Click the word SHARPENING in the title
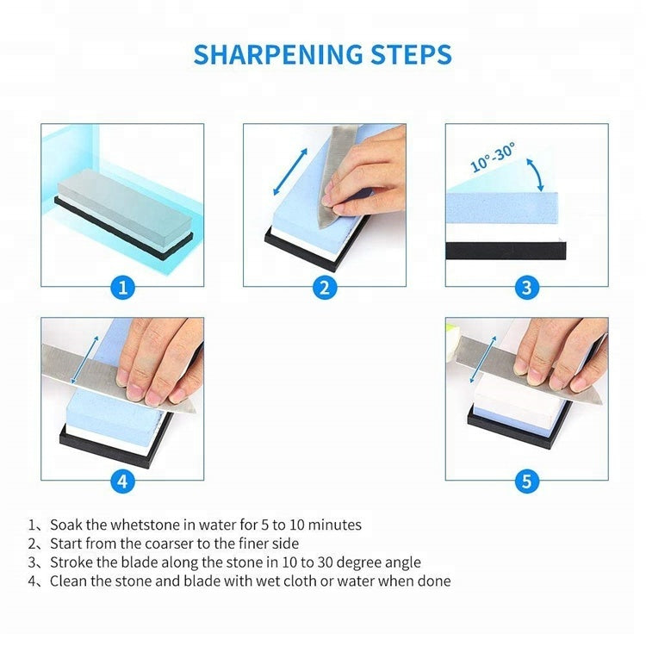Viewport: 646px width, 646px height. (278, 54)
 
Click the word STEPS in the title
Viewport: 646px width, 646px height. (411, 54)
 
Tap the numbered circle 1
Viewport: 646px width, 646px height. (123, 287)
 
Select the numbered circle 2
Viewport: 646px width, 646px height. (325, 287)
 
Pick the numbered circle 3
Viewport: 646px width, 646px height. (526, 287)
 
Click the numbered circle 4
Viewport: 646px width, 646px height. (123, 481)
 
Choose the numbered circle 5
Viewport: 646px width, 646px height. (526, 481)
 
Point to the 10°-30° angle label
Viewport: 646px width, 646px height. (493, 157)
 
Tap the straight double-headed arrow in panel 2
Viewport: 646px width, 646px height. (290, 171)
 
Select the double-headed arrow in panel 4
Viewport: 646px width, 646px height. (84, 360)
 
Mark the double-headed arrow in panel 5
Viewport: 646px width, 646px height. (483, 359)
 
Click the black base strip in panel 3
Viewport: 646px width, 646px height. (506, 251)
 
